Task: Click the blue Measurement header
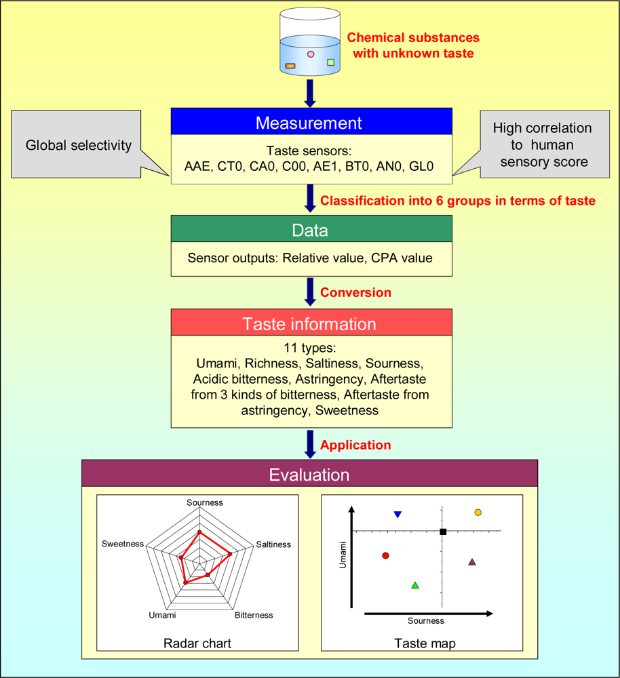309,123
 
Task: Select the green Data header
309,230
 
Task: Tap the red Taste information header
309,323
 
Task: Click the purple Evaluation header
309,474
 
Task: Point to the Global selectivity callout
78,146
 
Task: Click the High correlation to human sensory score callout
542,146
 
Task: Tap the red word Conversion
355,292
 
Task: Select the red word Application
355,445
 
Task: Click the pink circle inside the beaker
311,54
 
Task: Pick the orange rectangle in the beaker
290,66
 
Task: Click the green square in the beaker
331,62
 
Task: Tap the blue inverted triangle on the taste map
398,515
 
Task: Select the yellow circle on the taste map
478,513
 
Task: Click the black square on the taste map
443,532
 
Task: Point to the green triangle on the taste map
415,584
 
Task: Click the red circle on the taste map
385,555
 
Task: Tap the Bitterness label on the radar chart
254,615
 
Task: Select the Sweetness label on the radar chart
123,544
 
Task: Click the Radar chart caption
197,643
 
